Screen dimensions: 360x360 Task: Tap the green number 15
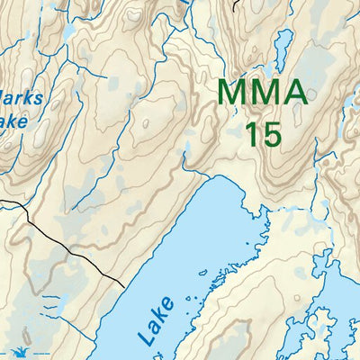263,134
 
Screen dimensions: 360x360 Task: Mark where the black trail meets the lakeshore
123,286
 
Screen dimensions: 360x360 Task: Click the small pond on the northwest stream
67,32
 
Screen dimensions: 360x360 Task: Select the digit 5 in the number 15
271,134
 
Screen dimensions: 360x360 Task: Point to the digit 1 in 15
251,134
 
